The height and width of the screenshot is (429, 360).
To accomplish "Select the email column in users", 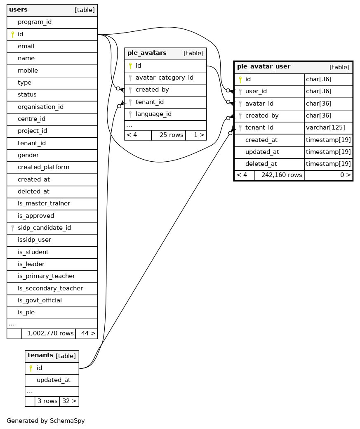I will click(26, 46).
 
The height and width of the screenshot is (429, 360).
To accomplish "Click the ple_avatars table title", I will click(147, 53).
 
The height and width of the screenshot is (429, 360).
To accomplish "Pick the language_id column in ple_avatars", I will click(153, 114).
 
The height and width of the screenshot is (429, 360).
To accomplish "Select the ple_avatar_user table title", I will click(264, 66).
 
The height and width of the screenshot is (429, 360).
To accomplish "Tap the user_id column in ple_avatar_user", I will click(256, 91).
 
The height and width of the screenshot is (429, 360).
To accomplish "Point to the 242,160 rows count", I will click(282, 175).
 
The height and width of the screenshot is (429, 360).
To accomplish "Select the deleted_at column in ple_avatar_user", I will click(261, 164).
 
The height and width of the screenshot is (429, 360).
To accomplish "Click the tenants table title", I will click(40, 355).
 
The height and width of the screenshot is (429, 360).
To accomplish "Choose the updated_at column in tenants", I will click(53, 380).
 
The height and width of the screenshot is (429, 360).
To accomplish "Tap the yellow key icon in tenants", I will click(31, 368).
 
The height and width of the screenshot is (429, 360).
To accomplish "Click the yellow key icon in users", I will click(12, 34).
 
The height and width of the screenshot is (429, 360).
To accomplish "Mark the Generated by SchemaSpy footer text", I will click(46, 421).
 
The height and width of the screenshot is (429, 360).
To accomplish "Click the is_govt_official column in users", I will click(40, 300).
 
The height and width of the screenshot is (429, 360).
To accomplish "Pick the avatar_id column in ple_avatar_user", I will click(259, 104).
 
